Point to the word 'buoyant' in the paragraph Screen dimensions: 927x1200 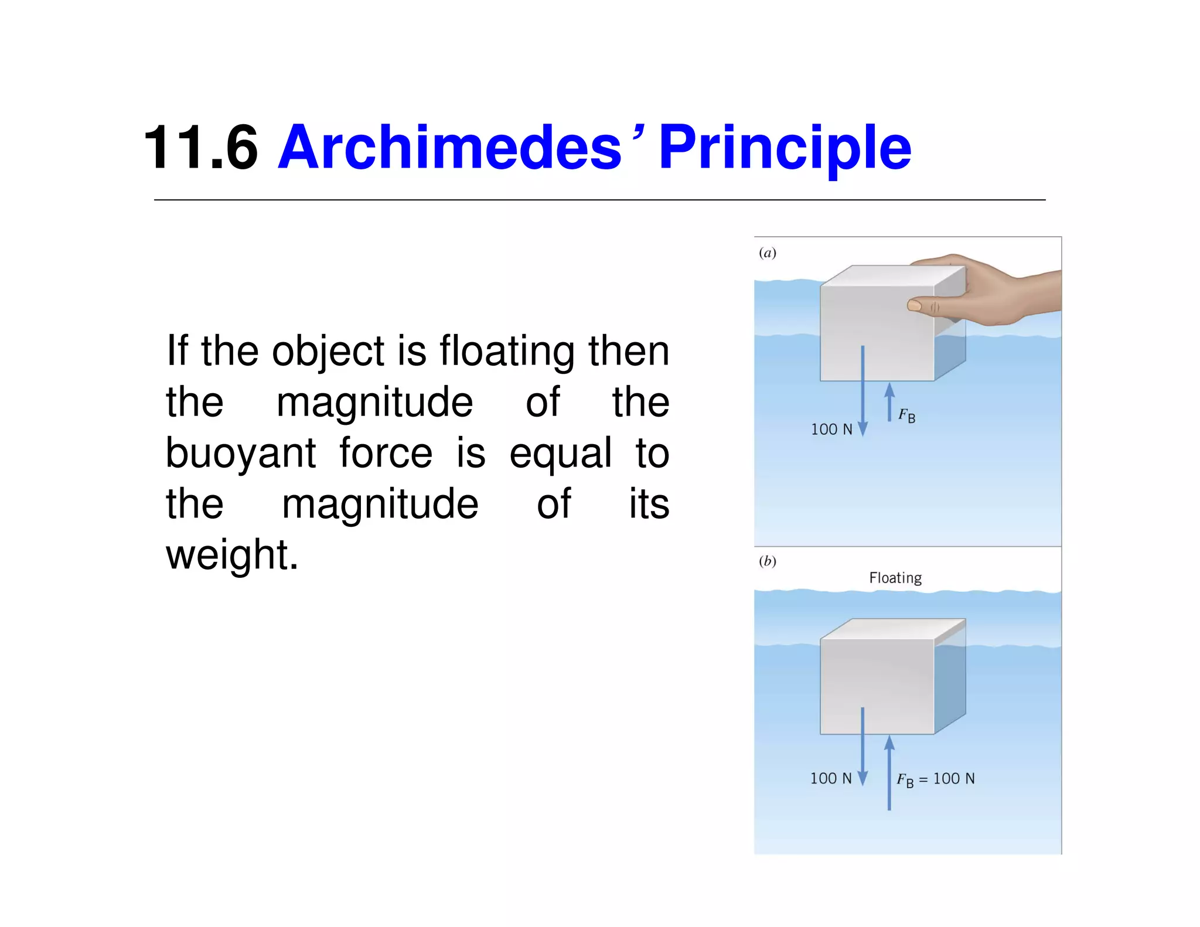(241, 453)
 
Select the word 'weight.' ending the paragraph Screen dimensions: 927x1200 (232, 555)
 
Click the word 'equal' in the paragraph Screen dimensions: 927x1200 (560, 453)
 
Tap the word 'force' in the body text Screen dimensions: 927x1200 (386, 453)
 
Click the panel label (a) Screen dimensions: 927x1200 (767, 253)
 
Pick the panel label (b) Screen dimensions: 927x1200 (767, 561)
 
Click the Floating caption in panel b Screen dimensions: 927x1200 (895, 578)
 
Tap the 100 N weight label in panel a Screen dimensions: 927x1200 (831, 430)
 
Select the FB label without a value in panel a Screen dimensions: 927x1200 (906, 416)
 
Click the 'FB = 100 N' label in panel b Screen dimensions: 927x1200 (936, 779)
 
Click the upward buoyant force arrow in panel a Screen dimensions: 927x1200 (889, 401)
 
